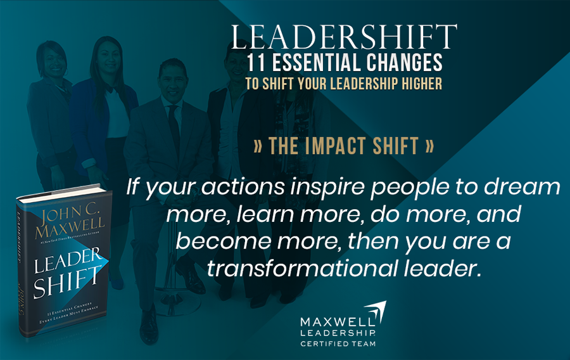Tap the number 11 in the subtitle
(260, 65)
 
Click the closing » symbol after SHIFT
(429, 146)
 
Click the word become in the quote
(215, 241)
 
